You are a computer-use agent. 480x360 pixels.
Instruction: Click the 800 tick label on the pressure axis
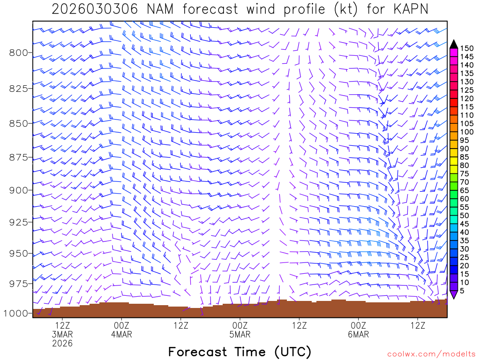[x=19, y=52]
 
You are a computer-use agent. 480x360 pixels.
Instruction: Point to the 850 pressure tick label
[x=19, y=123]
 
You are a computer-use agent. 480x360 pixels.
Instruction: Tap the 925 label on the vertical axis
[x=19, y=221]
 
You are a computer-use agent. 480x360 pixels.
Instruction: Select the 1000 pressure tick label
[x=16, y=313]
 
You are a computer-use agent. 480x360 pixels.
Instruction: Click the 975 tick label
[x=19, y=284]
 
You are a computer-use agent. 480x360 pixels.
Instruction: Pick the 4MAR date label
[x=121, y=334]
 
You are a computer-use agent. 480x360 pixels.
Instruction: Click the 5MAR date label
[x=240, y=334]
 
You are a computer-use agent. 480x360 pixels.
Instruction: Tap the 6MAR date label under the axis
[x=359, y=334]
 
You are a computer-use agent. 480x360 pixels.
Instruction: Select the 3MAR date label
[x=62, y=334]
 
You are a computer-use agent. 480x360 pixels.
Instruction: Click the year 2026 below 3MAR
[x=62, y=344]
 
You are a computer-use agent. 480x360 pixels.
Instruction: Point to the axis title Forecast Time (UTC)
[x=240, y=352]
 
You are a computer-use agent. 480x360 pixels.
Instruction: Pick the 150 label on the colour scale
[x=466, y=48]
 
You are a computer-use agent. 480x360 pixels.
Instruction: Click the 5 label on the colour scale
[x=462, y=291]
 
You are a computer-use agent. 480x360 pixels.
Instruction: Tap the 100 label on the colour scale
[x=466, y=132]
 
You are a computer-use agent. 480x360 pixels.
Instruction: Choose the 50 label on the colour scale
[x=465, y=215]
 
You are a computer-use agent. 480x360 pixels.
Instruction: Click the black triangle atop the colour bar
[x=454, y=44]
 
